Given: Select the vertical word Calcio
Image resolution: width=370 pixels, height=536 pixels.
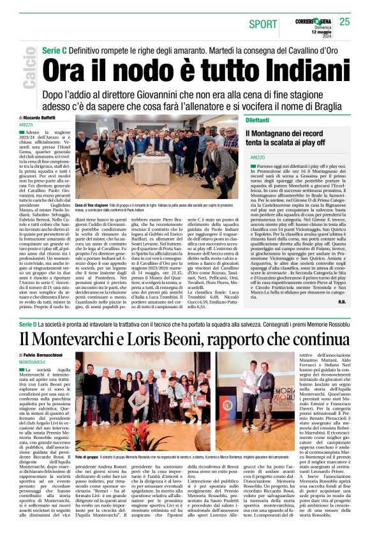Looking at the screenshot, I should [29, 71].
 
